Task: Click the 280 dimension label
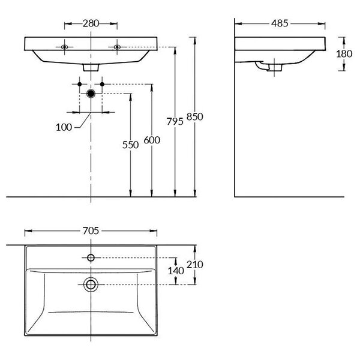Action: (91, 23)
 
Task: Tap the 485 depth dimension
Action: (280, 23)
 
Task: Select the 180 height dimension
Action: (344, 54)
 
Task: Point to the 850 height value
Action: (194, 117)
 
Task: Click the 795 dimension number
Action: (175, 122)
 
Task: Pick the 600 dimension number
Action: (152, 140)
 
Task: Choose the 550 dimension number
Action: (130, 145)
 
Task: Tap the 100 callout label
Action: (64, 127)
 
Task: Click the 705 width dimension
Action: (91, 231)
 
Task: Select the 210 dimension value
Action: (194, 265)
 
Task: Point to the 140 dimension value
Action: (176, 271)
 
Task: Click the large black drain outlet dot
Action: (91, 94)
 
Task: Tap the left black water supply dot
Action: (80, 84)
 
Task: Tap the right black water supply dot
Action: (102, 84)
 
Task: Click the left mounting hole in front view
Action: (65, 47)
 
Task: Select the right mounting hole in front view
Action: (118, 47)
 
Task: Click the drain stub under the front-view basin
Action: (91, 67)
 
